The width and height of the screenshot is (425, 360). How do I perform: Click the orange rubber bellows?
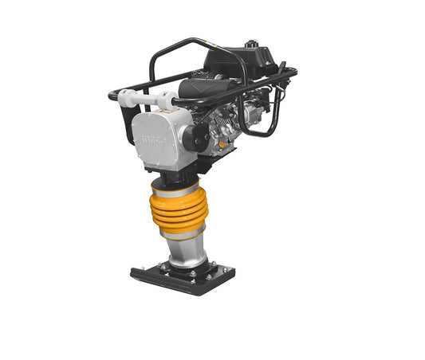178,210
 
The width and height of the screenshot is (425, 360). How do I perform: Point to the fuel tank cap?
251,43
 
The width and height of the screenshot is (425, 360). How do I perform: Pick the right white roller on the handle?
168,100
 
